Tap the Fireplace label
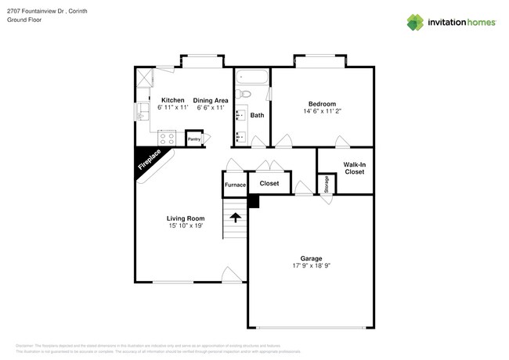[150, 160]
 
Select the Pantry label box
[194, 139]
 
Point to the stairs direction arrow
[235, 218]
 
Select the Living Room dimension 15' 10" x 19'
[186, 226]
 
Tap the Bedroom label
[322, 104]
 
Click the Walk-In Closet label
[354, 167]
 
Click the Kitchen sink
[143, 113]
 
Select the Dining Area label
[211, 100]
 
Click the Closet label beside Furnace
[269, 184]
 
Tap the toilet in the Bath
[244, 95]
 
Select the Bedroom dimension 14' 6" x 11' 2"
[322, 112]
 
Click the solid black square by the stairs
[253, 201]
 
